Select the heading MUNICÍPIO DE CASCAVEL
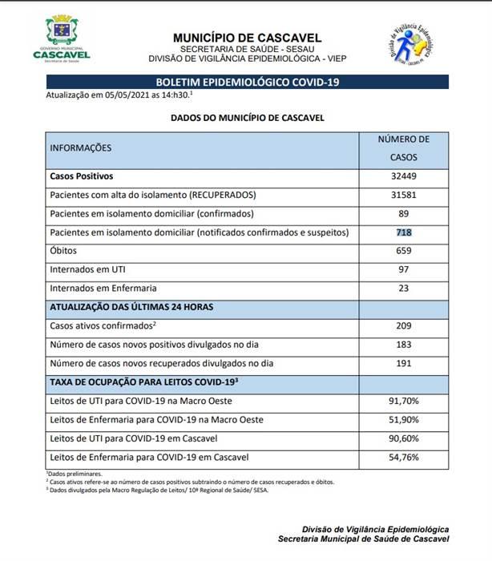click(x=247, y=38)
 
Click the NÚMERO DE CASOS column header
click(x=403, y=148)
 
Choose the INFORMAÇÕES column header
click(x=81, y=148)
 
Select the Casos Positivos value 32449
click(x=403, y=176)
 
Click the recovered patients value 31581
click(x=403, y=196)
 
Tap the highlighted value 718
click(x=403, y=232)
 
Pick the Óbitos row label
click(x=63, y=251)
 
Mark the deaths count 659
click(x=403, y=251)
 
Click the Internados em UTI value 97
click(x=403, y=269)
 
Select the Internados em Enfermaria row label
click(x=103, y=288)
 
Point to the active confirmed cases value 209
click(x=403, y=325)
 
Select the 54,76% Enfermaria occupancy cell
click(x=403, y=457)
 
